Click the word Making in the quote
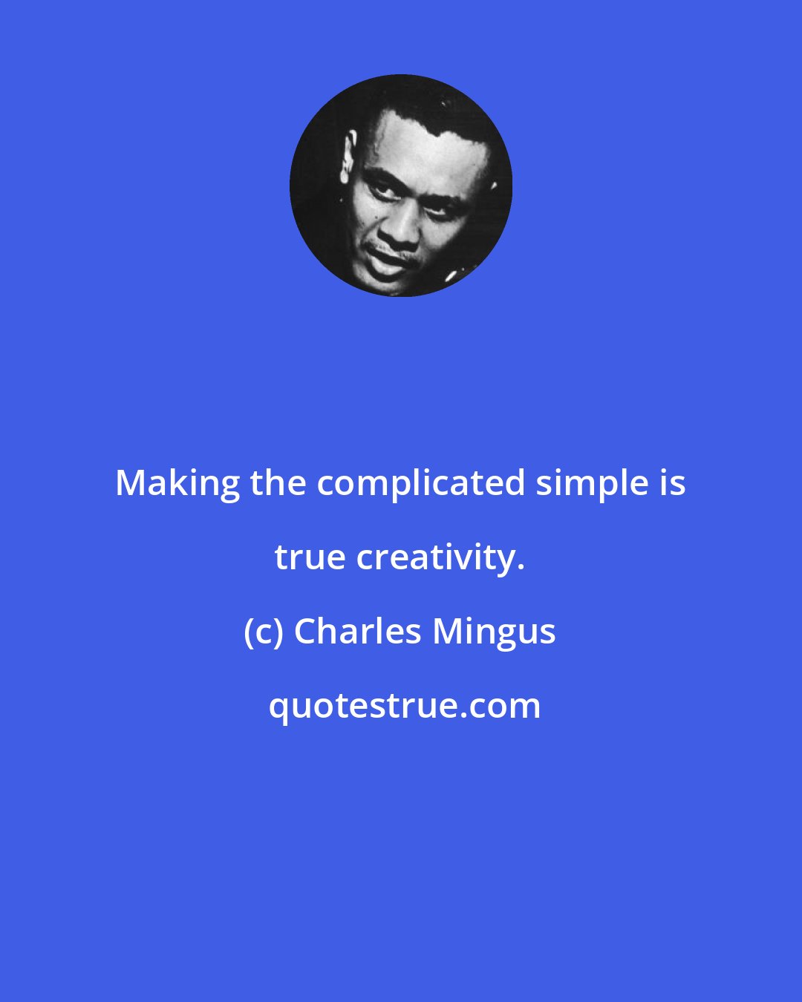tap(177, 484)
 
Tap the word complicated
tap(421, 484)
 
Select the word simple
tap(592, 484)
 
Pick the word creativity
tap(435, 558)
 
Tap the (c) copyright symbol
tap(263, 632)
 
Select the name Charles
tap(357, 632)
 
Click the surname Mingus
tap(494, 632)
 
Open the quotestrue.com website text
tap(404, 707)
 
